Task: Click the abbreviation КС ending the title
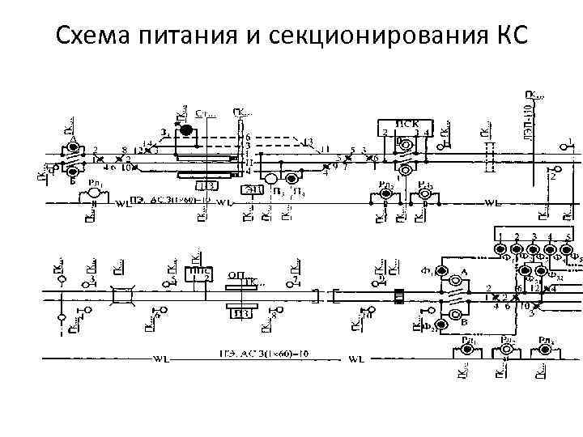coord(509,36)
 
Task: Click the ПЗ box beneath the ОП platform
coord(240,313)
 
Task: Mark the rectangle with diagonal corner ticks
coord(124,296)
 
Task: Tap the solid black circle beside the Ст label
coord(185,129)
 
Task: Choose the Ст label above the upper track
coord(206,116)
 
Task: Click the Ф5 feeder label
coord(575,260)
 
